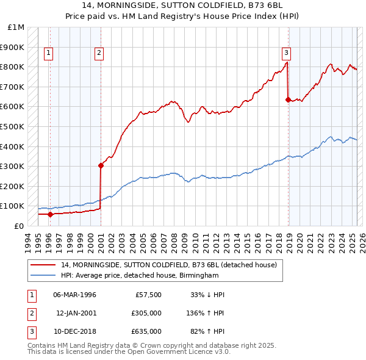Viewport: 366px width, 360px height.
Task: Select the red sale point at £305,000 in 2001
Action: pos(101,165)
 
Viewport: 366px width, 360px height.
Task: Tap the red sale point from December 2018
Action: pos(289,99)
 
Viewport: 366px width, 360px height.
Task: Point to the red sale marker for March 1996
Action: pos(51,214)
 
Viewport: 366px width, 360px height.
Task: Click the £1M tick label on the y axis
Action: pos(16,27)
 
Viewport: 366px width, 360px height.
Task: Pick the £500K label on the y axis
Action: pos(13,126)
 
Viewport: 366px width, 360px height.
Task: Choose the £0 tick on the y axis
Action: pos(19,226)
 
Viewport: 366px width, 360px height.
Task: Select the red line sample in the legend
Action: pos(43,265)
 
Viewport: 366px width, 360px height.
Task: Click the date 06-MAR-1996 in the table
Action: pos(74,295)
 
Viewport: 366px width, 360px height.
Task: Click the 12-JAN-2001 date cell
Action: pos(76,313)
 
